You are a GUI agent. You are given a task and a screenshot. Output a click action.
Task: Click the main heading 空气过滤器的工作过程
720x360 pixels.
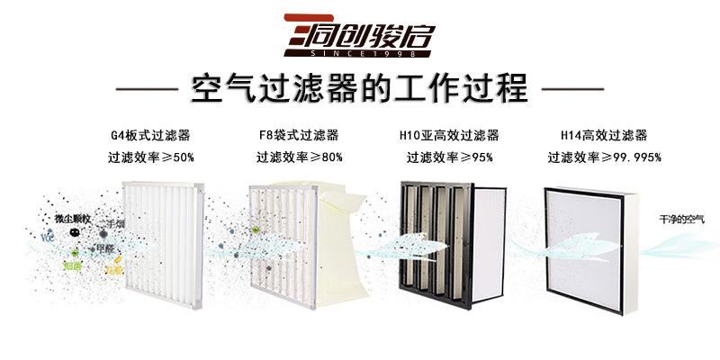[359, 90]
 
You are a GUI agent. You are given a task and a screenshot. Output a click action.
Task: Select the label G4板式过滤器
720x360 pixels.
[150, 136]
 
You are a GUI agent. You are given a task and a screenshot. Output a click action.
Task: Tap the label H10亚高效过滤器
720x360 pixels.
[449, 136]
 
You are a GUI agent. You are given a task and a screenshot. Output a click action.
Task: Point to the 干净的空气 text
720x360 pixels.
[682, 219]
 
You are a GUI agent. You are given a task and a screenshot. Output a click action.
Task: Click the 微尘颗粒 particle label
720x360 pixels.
[72, 219]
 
